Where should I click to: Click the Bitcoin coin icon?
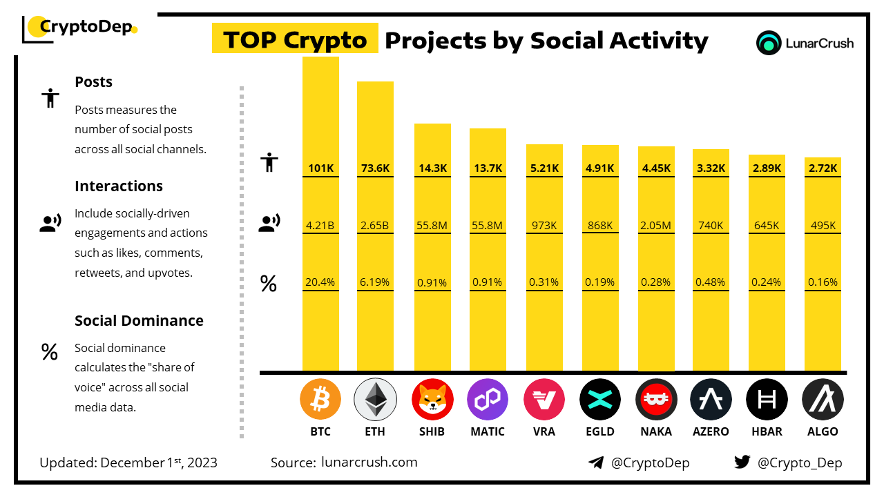pos(320,400)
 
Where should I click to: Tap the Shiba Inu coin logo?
pos(432,400)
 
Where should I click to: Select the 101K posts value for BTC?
pos(320,168)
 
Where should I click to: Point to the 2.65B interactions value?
pos(375,225)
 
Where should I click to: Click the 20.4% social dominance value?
pos(320,282)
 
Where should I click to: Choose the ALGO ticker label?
pos(822,431)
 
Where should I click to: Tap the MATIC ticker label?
pos(488,431)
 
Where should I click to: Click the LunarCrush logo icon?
pos(768,43)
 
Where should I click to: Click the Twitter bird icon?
pos(742,462)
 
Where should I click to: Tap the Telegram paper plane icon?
pos(596,462)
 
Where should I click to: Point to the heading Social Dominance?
pos(139,320)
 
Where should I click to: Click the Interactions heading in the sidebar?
pos(119,186)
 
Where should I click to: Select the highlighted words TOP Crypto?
pos(295,40)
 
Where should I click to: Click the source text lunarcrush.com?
pos(369,462)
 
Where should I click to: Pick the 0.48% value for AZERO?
pos(711,282)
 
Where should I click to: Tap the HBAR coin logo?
pos(767,400)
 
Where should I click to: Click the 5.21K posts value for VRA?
pos(544,168)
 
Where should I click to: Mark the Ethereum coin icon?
pos(375,400)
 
